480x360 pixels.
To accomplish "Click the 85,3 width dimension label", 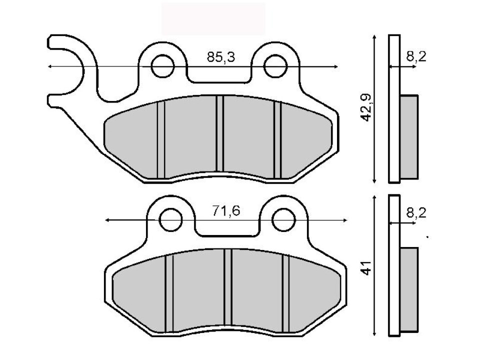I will pos(220,58).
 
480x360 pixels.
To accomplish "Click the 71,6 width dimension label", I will pos(225,211).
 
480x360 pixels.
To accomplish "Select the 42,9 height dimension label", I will pos(368,107).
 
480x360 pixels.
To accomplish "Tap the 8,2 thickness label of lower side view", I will pos(416,213).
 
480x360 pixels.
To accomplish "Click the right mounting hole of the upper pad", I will pos(275,66).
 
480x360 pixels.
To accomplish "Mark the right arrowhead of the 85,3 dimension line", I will pos(336,66).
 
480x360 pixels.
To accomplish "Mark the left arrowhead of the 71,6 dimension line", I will pos(106,220).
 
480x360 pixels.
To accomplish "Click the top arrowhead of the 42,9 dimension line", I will pos(374,37).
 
